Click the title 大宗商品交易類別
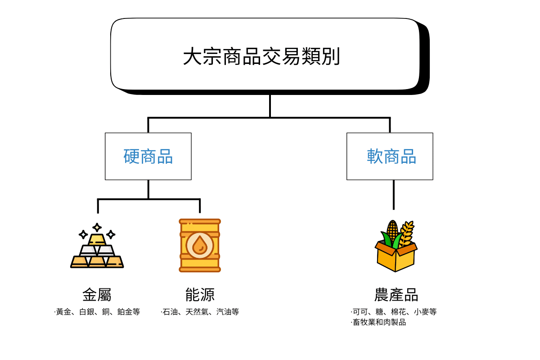pos(261,57)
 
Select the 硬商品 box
pos(148,156)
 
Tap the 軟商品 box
pos(390,156)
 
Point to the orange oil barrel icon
pos(200,246)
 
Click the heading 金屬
pos(97,295)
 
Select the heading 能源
pos(200,295)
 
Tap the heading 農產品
pos(396,295)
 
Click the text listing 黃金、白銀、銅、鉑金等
pos(97,311)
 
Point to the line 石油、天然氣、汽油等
pos(200,311)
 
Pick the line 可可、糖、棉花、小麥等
pos(394,311)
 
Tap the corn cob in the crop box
pos(392,230)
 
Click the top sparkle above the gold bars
pos(97,227)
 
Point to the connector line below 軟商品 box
pos(394,194)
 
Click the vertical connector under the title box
pos(270,106)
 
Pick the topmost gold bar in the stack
pos(97,239)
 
